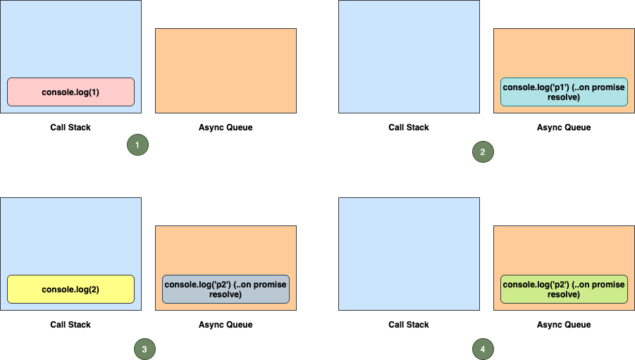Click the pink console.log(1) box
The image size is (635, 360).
pyautogui.click(x=70, y=92)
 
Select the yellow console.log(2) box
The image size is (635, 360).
pyautogui.click(x=70, y=289)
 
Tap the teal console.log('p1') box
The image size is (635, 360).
pyautogui.click(x=564, y=92)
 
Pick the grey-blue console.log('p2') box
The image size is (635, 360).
pyautogui.click(x=226, y=289)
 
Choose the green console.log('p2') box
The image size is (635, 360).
pyautogui.click(x=564, y=289)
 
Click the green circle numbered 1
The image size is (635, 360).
pyautogui.click(x=137, y=144)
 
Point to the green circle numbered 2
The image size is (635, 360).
pyautogui.click(x=483, y=151)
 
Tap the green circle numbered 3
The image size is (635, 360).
pyautogui.click(x=144, y=349)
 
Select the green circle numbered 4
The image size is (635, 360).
pyautogui.click(x=483, y=349)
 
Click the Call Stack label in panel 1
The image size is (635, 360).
pyautogui.click(x=70, y=128)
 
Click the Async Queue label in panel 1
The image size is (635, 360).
pyautogui.click(x=226, y=128)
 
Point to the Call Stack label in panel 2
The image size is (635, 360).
pyautogui.click(x=409, y=128)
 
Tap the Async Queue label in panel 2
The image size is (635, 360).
pyautogui.click(x=564, y=128)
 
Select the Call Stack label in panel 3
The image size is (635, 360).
pyautogui.click(x=70, y=325)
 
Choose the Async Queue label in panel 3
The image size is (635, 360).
pyautogui.click(x=226, y=325)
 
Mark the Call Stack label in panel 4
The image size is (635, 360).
pyautogui.click(x=409, y=325)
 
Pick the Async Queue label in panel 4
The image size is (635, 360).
pyautogui.click(x=564, y=325)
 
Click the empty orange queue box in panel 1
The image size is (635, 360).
pyautogui.click(x=226, y=70)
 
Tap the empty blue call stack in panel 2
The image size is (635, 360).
pyautogui.click(x=409, y=56)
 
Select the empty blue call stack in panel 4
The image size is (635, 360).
pyautogui.click(x=409, y=254)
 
